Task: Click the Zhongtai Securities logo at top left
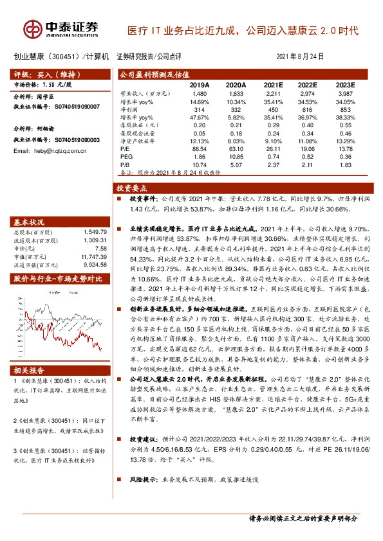(62, 28)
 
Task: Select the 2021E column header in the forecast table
(274, 84)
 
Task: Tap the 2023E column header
(345, 84)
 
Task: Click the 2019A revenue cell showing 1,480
(200, 94)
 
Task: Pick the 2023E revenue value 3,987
(346, 94)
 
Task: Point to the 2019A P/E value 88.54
(200, 148)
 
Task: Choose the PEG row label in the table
(127, 156)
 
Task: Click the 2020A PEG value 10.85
(237, 156)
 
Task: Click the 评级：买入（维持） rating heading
(41, 75)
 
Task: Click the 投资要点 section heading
(132, 188)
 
